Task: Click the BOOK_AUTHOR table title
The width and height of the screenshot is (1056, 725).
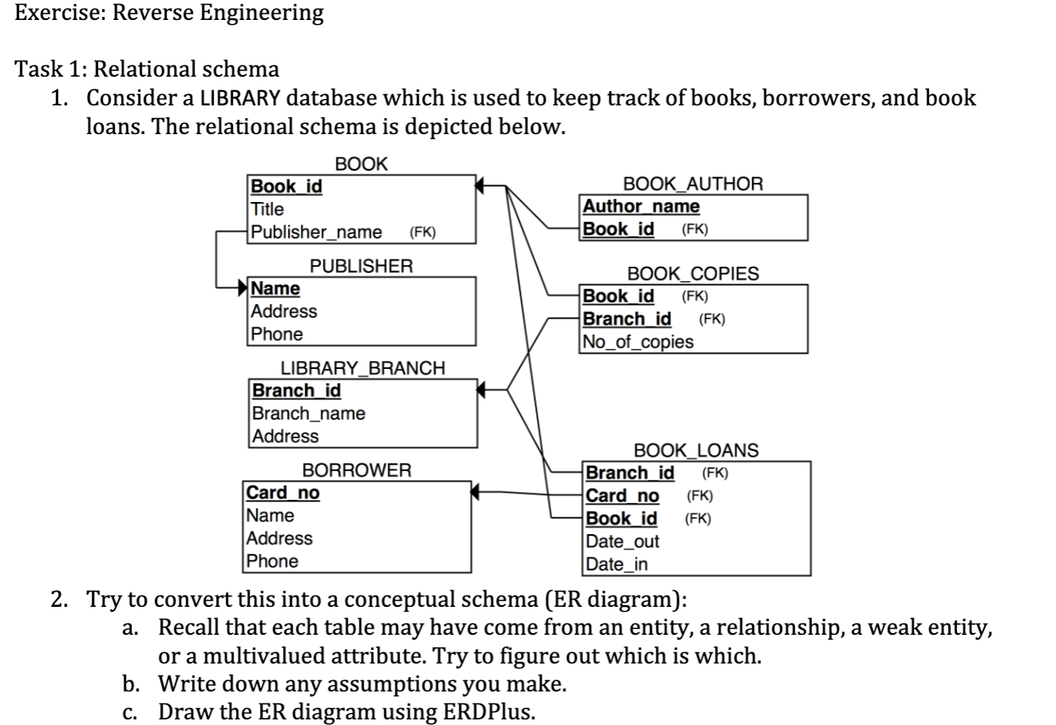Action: (x=692, y=184)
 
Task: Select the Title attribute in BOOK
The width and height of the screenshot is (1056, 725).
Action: (x=267, y=209)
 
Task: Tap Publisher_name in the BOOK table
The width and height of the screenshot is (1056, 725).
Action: (x=317, y=232)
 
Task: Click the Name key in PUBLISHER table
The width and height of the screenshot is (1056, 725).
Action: (x=276, y=288)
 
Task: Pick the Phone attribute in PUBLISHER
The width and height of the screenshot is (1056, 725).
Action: (x=277, y=334)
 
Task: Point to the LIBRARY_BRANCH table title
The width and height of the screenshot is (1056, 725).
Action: (x=362, y=368)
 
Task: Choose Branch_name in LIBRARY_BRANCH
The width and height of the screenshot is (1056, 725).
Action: (x=309, y=414)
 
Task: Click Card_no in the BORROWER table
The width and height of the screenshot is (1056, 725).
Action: (x=283, y=493)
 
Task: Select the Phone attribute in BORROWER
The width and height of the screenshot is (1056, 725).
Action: (x=272, y=561)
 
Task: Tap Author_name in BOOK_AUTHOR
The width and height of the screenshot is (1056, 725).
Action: (x=641, y=206)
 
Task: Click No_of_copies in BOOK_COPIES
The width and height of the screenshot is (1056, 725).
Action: (x=638, y=342)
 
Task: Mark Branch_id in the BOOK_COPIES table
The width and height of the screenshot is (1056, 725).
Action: (x=627, y=319)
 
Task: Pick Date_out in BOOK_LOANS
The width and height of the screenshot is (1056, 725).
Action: (x=623, y=541)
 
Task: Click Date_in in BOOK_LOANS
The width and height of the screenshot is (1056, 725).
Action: (x=617, y=565)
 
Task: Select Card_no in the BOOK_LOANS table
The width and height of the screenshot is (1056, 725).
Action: (x=623, y=495)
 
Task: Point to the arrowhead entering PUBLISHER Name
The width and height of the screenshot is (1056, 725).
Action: (x=242, y=287)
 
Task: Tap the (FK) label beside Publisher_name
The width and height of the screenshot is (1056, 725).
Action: (x=422, y=233)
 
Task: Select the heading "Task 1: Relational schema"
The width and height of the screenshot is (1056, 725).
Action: (x=148, y=69)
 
